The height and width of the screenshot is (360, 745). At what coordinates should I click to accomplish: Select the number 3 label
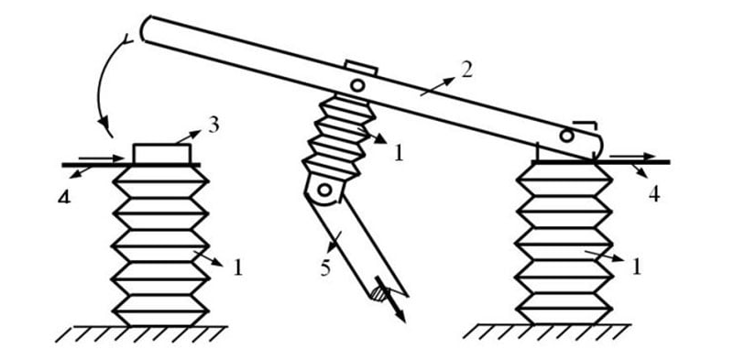click(213, 125)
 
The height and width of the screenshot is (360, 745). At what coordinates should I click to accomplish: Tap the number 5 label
click(325, 267)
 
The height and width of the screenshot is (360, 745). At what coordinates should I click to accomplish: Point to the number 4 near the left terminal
click(64, 196)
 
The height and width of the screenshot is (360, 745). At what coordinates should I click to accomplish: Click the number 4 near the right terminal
click(654, 194)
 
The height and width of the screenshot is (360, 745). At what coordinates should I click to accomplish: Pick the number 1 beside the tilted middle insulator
click(398, 153)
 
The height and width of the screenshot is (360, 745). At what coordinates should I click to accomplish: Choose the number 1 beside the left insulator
click(238, 267)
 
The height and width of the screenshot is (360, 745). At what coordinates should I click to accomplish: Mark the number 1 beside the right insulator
click(636, 267)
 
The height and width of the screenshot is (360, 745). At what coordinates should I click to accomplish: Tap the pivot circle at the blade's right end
click(566, 136)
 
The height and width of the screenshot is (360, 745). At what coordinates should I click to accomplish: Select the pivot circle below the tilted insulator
click(324, 190)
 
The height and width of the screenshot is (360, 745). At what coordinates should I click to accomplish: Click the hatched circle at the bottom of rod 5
click(378, 294)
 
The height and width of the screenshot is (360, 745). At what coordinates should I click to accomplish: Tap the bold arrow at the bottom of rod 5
click(390, 300)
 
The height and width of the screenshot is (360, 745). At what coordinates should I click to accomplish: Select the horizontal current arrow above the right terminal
click(632, 157)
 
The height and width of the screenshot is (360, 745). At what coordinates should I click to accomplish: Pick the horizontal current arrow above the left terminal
click(101, 158)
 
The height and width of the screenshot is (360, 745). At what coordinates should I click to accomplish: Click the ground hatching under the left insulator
click(141, 333)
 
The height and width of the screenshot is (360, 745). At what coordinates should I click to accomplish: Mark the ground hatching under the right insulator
click(546, 332)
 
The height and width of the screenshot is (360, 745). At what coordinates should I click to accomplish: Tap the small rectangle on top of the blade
click(362, 68)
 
